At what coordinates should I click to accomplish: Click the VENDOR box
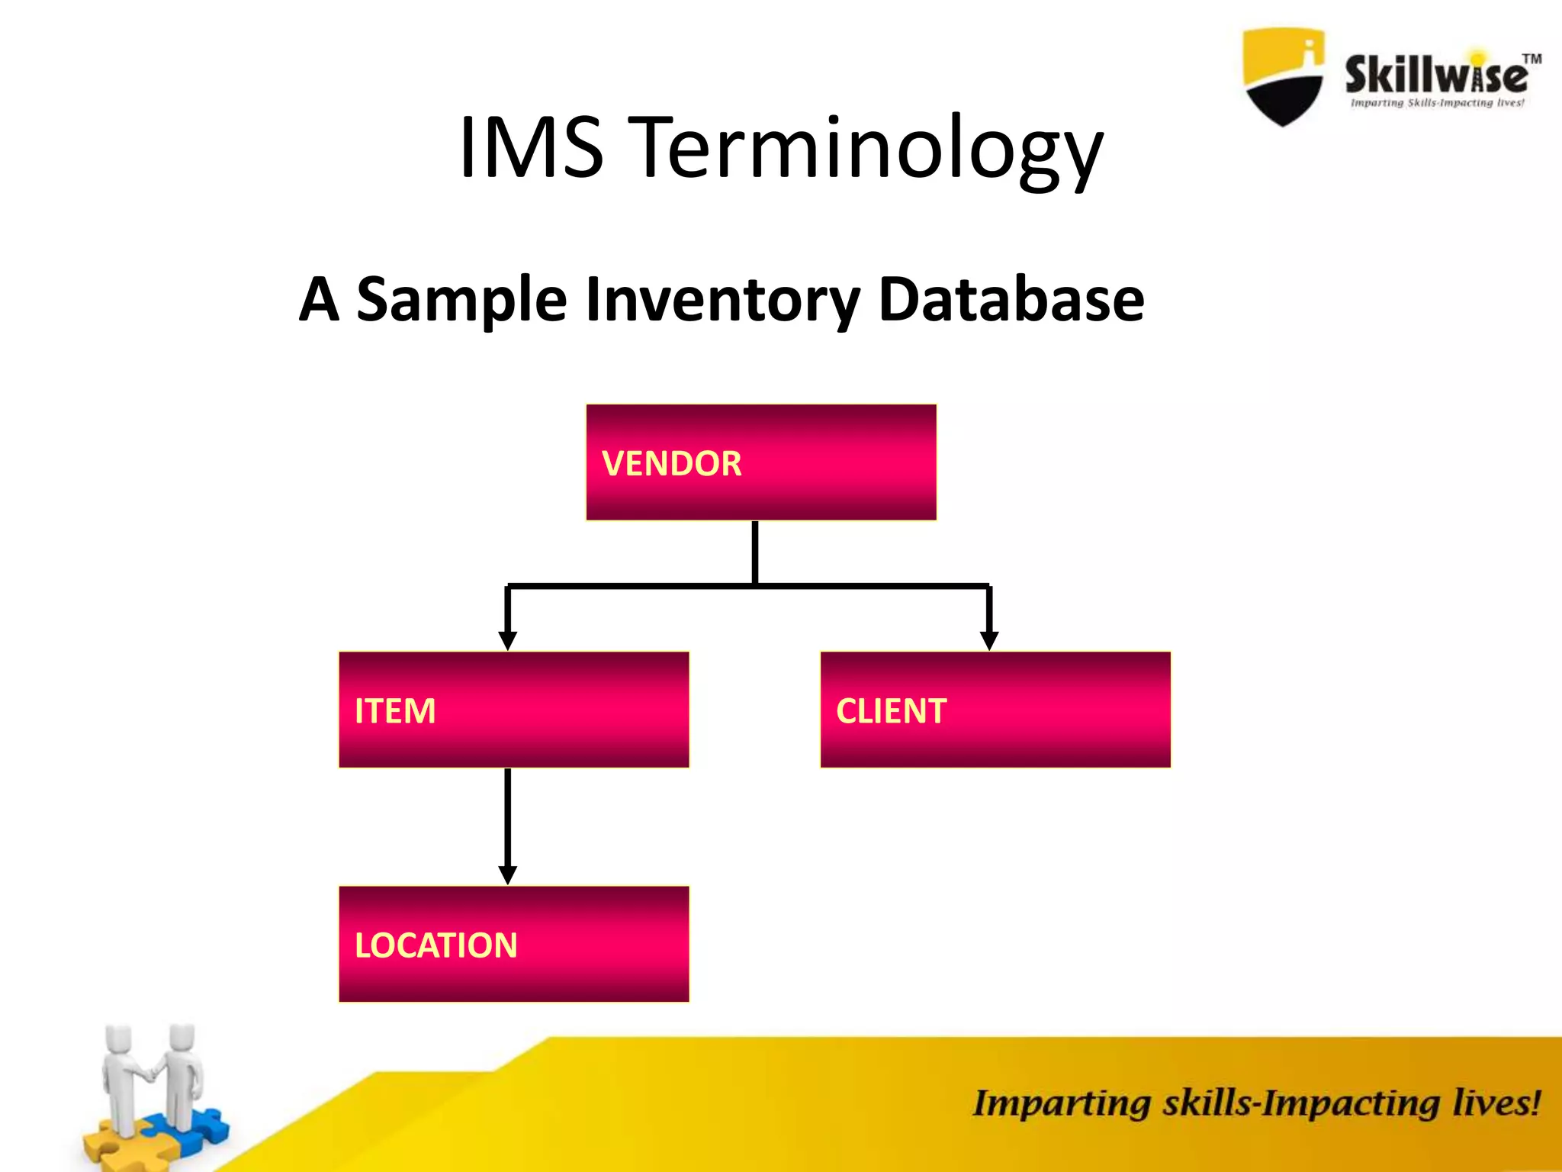coord(760,462)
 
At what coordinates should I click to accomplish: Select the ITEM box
coord(513,710)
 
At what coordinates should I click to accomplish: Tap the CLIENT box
coord(995,710)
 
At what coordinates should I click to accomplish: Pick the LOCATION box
coord(513,944)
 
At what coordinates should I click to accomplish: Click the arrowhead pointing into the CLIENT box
coord(989,641)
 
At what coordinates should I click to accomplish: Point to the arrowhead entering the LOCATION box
coord(508,875)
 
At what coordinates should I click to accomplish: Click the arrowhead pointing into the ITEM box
coord(508,641)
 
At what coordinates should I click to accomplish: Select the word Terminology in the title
coord(869,150)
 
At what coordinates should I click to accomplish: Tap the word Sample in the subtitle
coord(461,299)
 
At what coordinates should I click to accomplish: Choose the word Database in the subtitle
coord(1011,299)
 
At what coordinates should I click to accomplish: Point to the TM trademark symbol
coord(1531,59)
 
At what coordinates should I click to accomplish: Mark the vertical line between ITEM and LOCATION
coord(508,816)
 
